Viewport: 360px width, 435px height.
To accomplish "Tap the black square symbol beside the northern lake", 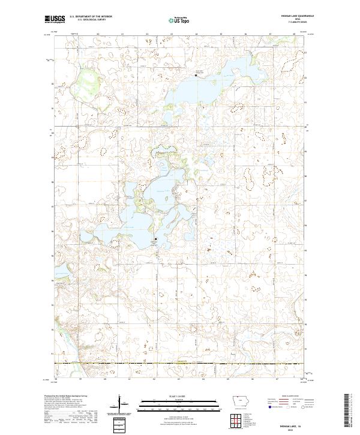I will pos(196,75).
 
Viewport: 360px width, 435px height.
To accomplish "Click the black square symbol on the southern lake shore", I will pos(155,239).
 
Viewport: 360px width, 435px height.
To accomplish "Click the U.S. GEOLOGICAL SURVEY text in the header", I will pos(87,20).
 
